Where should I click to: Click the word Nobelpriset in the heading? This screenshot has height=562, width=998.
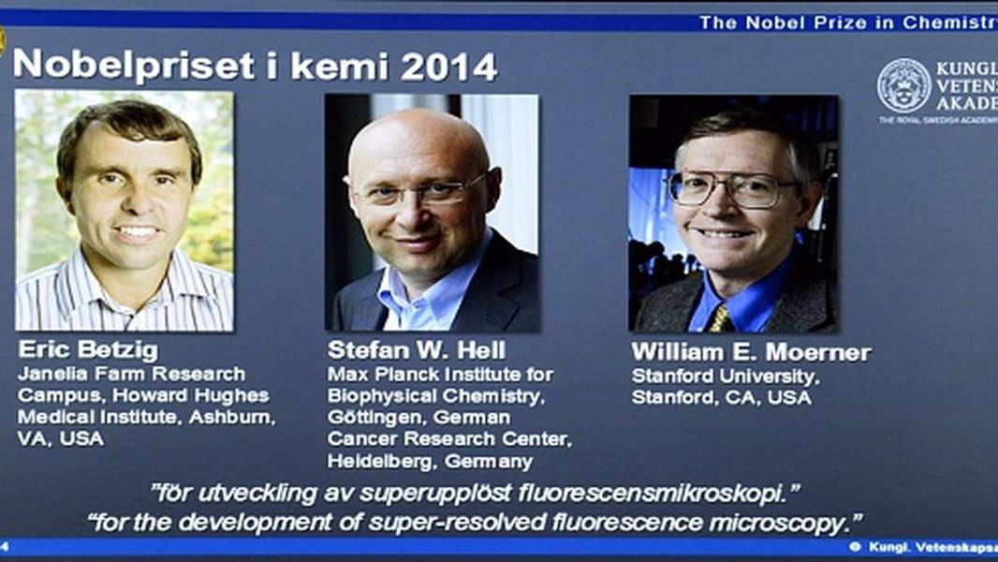pyautogui.click(x=134, y=66)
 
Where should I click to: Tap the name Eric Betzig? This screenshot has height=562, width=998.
pyautogui.click(x=88, y=349)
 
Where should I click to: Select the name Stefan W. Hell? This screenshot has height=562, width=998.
pyautogui.click(x=417, y=350)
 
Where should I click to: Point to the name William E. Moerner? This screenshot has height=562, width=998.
pyautogui.click(x=751, y=352)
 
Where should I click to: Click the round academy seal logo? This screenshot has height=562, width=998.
pyautogui.click(x=903, y=86)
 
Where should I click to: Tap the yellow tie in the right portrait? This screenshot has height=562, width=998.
pyautogui.click(x=721, y=318)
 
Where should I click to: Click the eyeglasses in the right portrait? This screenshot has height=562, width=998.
pyautogui.click(x=732, y=188)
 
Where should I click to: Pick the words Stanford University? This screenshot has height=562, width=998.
pyautogui.click(x=726, y=377)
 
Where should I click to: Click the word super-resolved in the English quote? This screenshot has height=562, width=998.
pyautogui.click(x=457, y=523)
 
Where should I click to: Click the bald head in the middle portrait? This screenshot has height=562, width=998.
pyautogui.click(x=417, y=143)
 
